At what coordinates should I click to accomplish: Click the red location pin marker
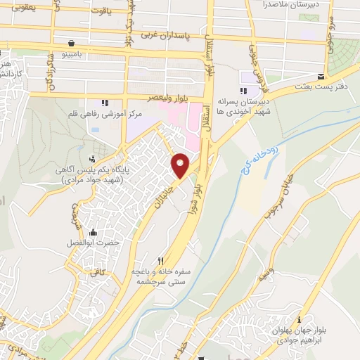point(181,165)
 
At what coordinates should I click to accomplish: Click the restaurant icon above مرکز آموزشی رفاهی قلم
point(105,103)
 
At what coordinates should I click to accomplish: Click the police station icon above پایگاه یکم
point(92,158)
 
